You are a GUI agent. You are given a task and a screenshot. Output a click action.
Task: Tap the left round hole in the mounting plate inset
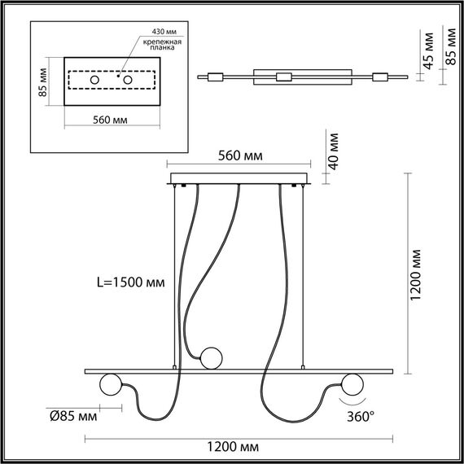pos(94,81)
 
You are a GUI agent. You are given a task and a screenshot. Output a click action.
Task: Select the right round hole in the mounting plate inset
pos(128,81)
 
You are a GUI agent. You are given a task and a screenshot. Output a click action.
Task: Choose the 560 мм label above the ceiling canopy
pos(239,157)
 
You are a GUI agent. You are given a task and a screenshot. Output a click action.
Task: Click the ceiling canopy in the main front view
pos(239,178)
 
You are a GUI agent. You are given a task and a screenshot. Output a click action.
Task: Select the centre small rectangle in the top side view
pos(283,77)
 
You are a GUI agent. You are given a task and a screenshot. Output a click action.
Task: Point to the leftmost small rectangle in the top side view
pos(215,77)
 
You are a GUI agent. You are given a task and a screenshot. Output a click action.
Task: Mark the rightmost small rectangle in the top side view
pos(379,77)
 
